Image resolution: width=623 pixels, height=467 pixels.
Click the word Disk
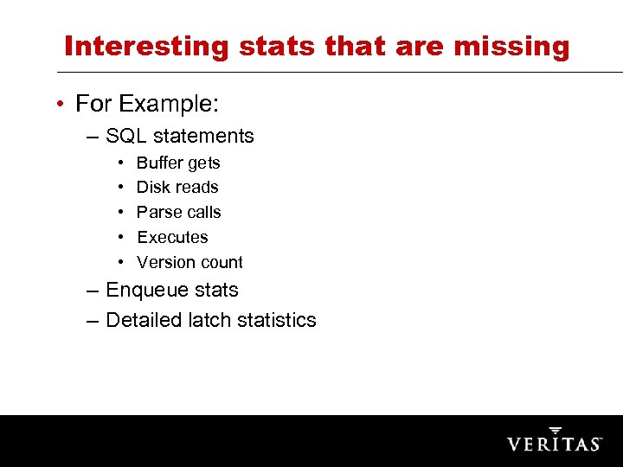[152, 187]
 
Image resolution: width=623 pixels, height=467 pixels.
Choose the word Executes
[172, 237]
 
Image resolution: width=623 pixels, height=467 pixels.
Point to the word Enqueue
[146, 291]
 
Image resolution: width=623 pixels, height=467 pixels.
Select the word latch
[209, 320]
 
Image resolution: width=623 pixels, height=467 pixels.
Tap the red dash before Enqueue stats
[93, 291]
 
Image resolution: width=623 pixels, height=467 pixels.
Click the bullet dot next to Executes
[119, 237]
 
